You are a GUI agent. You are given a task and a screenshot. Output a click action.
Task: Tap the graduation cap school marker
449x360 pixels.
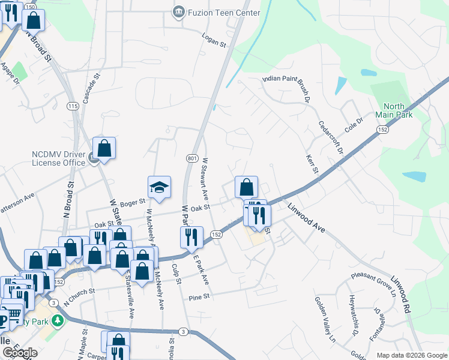(x=160, y=188)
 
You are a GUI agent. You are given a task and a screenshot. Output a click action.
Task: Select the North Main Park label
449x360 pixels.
(x=394, y=110)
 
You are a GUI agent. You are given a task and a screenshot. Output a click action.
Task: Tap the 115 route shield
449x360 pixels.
(x=73, y=106)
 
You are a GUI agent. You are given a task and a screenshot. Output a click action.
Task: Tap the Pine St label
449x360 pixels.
(x=199, y=296)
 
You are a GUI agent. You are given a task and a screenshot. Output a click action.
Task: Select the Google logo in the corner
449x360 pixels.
(x=20, y=353)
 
